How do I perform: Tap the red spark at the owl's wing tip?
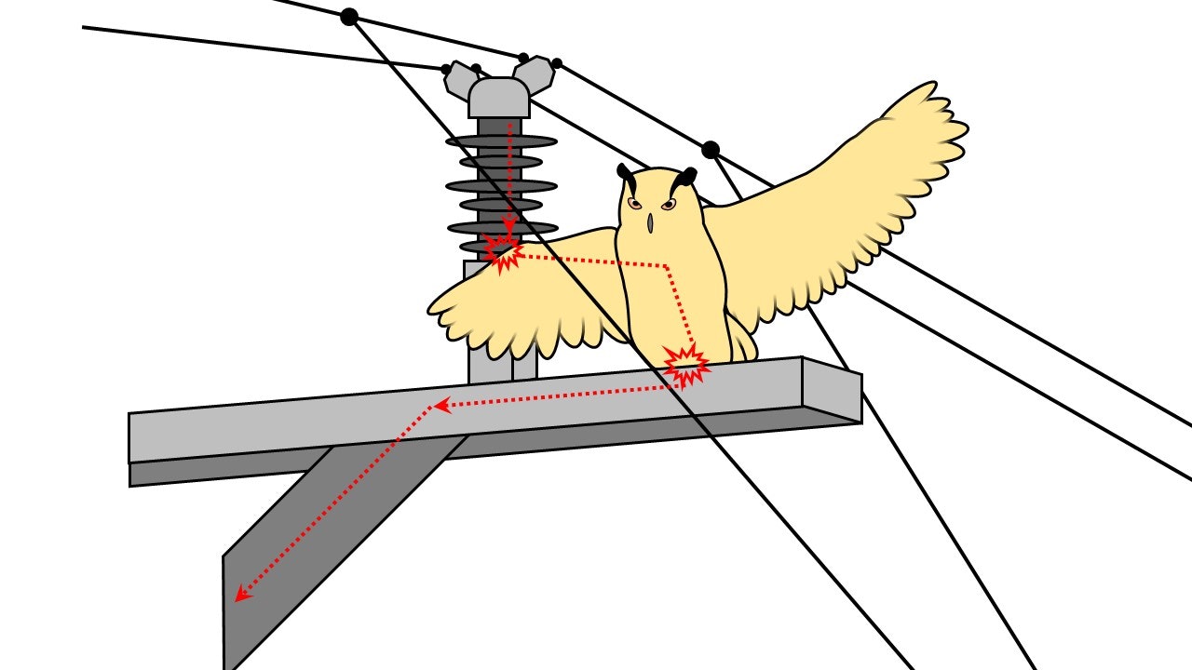tap(503, 252)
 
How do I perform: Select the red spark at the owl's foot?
tap(687, 365)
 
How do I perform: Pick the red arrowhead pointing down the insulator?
tap(509, 223)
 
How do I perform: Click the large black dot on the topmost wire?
tap(349, 16)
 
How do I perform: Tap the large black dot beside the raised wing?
tap(711, 149)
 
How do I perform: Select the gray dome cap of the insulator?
tap(498, 97)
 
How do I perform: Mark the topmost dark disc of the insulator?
tap(501, 141)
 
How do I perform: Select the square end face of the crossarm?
tap(832, 390)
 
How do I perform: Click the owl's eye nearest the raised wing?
tap(667, 204)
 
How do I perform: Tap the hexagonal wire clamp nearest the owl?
tap(534, 74)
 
